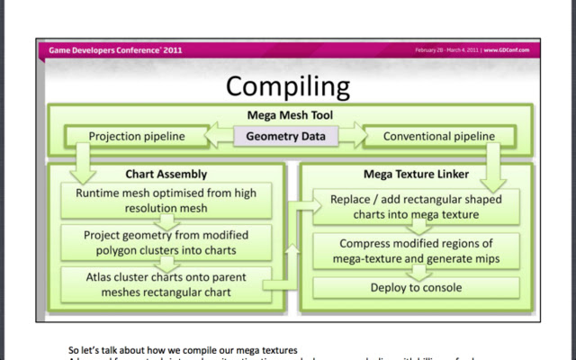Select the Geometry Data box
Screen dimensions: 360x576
287,137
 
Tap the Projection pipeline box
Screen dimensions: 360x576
137,137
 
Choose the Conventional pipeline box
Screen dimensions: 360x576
438,137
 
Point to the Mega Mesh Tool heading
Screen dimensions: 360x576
287,115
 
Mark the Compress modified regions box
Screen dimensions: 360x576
416,252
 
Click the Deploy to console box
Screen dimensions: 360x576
416,288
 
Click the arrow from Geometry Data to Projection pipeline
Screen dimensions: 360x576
220,137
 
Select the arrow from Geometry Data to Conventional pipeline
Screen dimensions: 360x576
352,137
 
